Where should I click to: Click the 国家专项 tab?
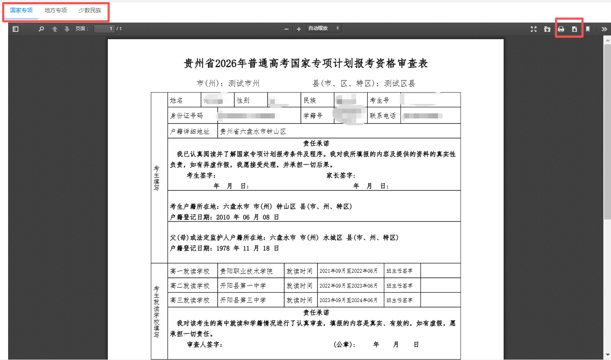click(x=21, y=10)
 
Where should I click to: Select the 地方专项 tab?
click(x=55, y=10)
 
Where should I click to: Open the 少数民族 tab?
click(x=90, y=10)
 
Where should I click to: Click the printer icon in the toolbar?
click(x=561, y=29)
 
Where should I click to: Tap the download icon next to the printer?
click(x=574, y=29)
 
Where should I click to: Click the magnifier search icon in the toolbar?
click(x=41, y=29)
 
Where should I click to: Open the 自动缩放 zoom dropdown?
click(x=323, y=28)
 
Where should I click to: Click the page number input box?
click(x=104, y=29)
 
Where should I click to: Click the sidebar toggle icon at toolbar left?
click(x=16, y=29)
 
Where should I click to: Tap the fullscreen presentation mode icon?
click(x=533, y=29)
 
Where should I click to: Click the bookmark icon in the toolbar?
click(x=588, y=29)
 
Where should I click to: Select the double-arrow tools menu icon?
click(x=604, y=29)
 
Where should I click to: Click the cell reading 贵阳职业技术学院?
click(x=246, y=271)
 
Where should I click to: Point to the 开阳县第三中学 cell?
click(x=243, y=300)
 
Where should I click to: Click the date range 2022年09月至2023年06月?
click(x=349, y=285)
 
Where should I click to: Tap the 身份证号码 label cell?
click(x=187, y=115)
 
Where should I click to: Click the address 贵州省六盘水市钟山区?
click(x=253, y=131)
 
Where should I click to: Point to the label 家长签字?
click(x=340, y=175)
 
